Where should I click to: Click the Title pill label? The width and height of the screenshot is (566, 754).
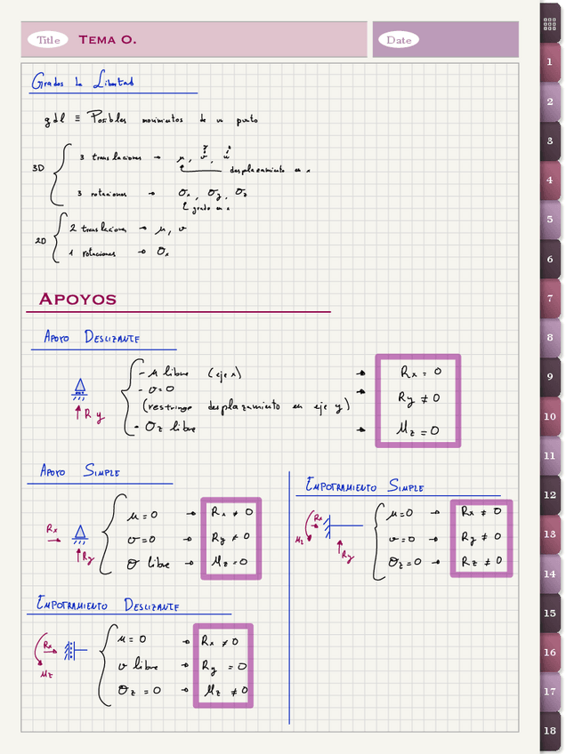point(48,40)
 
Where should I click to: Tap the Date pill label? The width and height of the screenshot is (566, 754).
point(399,40)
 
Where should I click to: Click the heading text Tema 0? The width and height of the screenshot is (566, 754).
point(107,40)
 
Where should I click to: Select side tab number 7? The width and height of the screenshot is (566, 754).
point(550,299)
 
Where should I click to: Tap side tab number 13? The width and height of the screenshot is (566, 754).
point(550,534)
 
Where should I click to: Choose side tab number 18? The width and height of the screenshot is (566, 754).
point(550,731)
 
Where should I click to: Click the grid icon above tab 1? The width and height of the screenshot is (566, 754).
point(550,24)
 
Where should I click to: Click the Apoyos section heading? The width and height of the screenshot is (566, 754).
point(77,299)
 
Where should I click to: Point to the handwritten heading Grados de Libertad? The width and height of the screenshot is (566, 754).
point(82,83)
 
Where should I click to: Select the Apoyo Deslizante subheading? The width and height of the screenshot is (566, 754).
point(92,337)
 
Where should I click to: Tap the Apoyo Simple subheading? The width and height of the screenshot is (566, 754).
point(80,471)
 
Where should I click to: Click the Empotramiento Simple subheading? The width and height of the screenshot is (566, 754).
point(365,486)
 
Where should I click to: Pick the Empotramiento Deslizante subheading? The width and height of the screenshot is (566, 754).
point(107,605)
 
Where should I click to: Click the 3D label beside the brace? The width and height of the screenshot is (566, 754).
point(38,167)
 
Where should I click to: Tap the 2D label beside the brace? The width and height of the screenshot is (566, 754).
point(40,240)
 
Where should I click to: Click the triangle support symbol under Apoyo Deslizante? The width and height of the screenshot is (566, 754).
point(80,387)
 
